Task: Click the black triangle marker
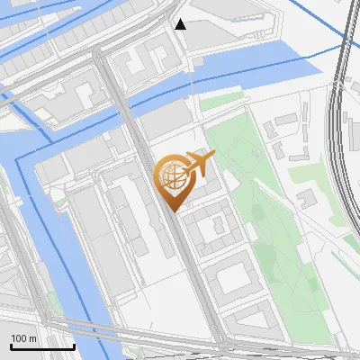pyautogui.click(x=181, y=24)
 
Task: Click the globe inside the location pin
pyautogui.click(x=171, y=176)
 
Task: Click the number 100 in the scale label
pyautogui.click(x=20, y=337)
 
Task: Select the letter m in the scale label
pyautogui.click(x=33, y=337)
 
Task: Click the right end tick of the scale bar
pyautogui.click(x=74, y=345)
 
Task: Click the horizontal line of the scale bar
pyautogui.click(x=41, y=346)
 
